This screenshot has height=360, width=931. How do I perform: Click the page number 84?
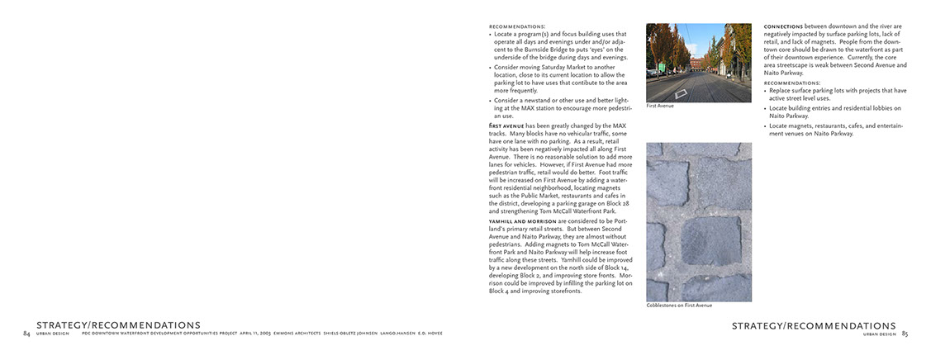click(x=26, y=334)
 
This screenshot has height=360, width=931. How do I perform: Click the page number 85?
click(x=905, y=334)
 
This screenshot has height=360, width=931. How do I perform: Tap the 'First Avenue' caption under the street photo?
click(x=660, y=106)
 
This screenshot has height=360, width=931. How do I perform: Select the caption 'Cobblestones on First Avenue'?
click(x=678, y=306)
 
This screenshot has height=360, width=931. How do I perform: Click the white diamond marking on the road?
click(x=681, y=94)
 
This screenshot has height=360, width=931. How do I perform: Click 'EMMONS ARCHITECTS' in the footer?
click(x=309, y=334)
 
